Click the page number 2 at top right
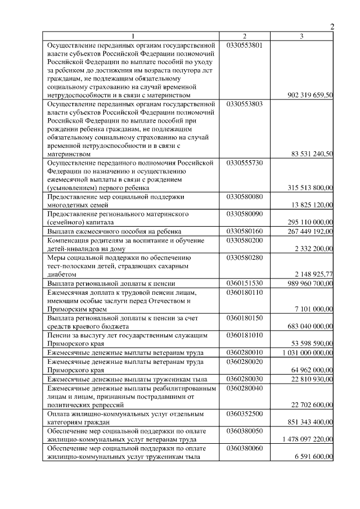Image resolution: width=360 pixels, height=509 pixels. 332,26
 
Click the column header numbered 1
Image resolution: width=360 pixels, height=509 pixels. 133,36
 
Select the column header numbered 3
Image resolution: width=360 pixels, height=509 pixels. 302,36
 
